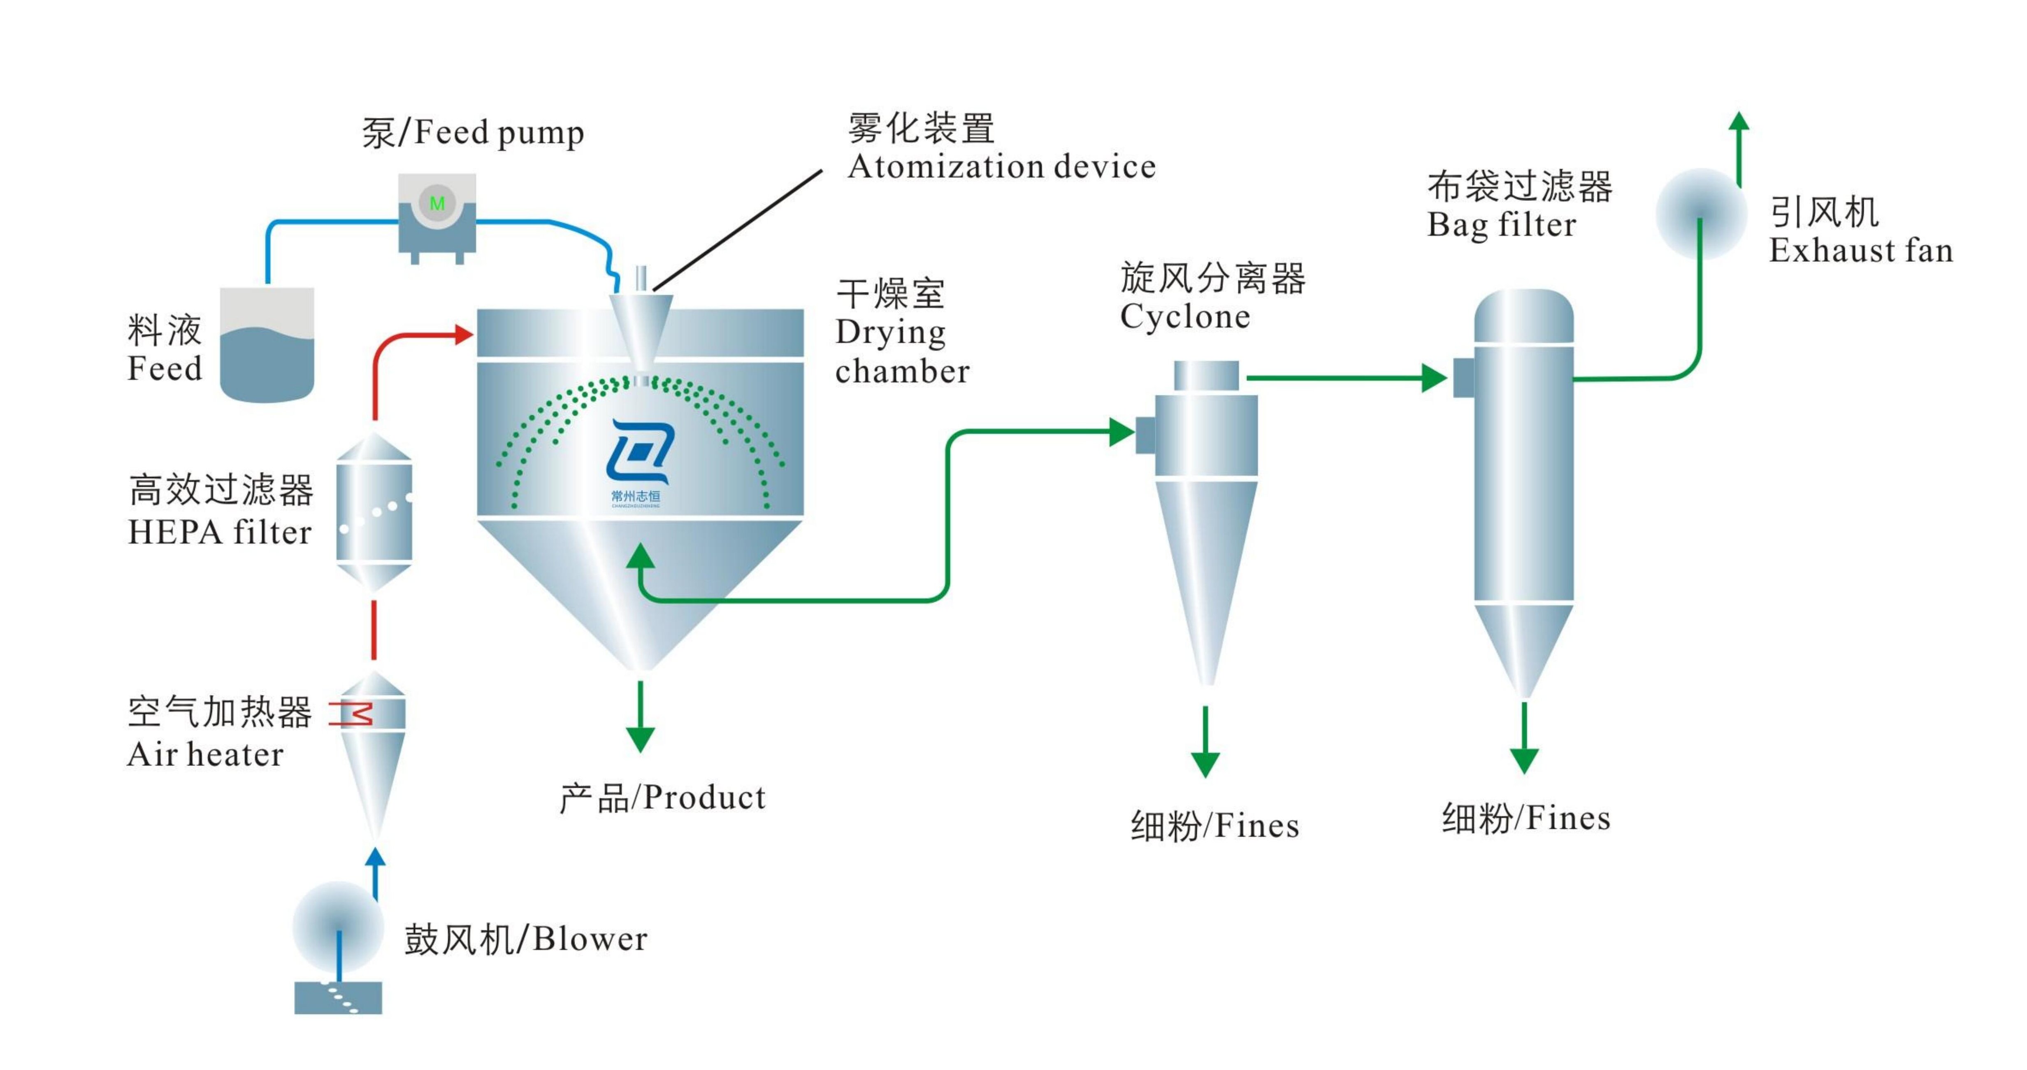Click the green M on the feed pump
pos(437,203)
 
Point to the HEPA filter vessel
pos(374,512)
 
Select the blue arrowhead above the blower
pos(376,858)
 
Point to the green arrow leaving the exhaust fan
pos(1739,146)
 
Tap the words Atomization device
pos(1001,167)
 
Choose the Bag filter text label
pos(1501,225)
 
